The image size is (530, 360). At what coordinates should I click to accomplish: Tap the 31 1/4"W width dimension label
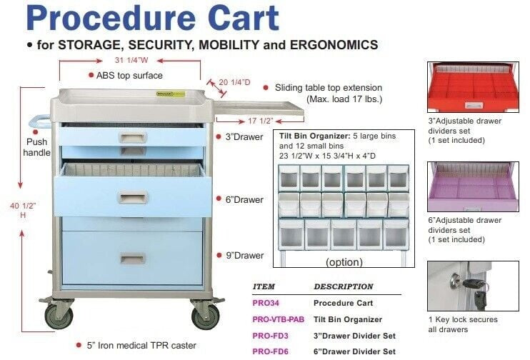pos(130,59)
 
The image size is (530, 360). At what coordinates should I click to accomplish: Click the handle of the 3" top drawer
pos(132,136)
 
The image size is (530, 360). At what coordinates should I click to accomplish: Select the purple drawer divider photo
pos(472,186)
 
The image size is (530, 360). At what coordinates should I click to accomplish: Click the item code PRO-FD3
pos(271,336)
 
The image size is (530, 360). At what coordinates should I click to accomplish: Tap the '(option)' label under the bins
pos(344,262)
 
